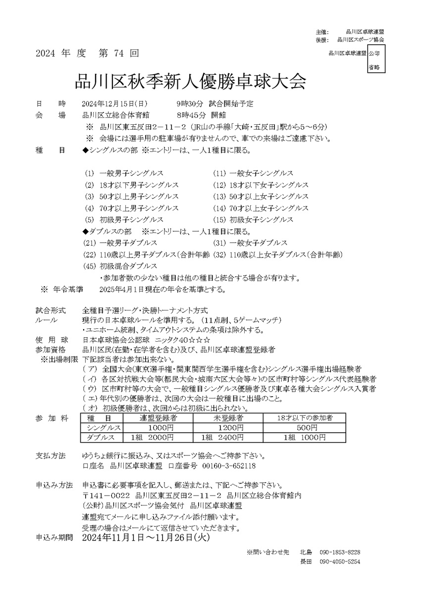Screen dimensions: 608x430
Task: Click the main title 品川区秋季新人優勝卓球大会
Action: (190, 81)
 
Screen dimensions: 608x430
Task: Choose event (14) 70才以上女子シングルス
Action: (261, 208)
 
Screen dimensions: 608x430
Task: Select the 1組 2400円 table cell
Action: (222, 438)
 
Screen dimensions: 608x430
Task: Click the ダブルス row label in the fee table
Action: (101, 438)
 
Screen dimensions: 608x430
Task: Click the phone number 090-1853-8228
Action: (340, 552)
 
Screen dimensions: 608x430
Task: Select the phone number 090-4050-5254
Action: (340, 562)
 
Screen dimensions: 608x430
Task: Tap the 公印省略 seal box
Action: (374, 59)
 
